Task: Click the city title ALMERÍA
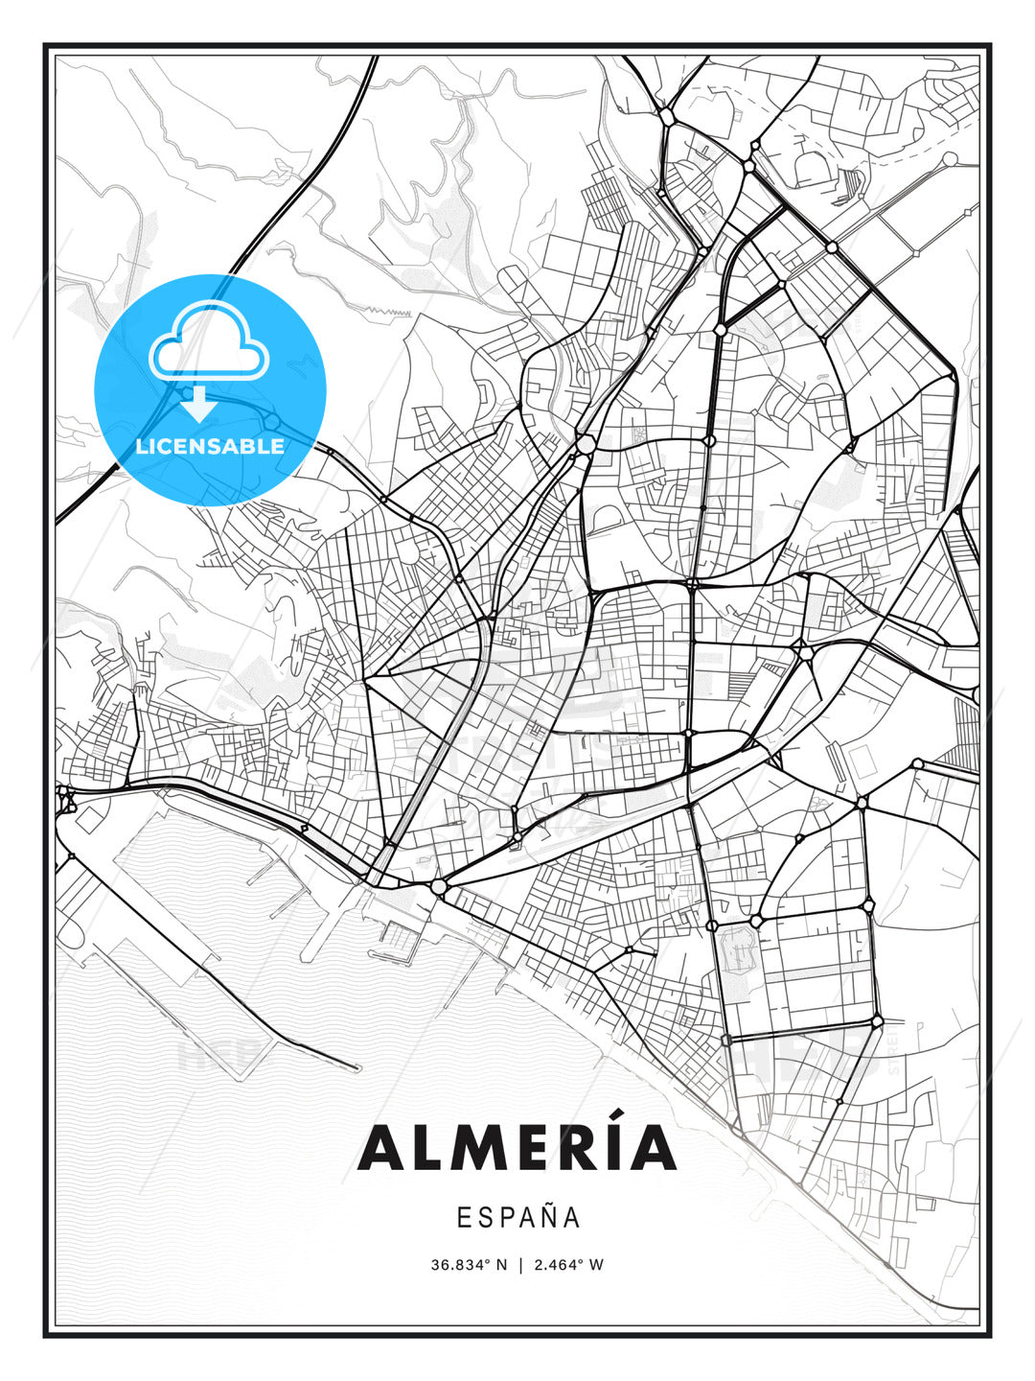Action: [517, 1148]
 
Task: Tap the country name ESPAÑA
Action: [517, 1217]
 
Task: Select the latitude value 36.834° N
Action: [469, 1265]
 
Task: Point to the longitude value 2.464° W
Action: [568, 1265]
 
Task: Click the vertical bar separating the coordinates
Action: [519, 1265]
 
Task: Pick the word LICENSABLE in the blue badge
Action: [210, 446]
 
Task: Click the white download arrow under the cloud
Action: [198, 404]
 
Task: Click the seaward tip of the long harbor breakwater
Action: [356, 1068]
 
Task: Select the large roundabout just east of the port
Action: [439, 886]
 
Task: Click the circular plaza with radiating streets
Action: [409, 552]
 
